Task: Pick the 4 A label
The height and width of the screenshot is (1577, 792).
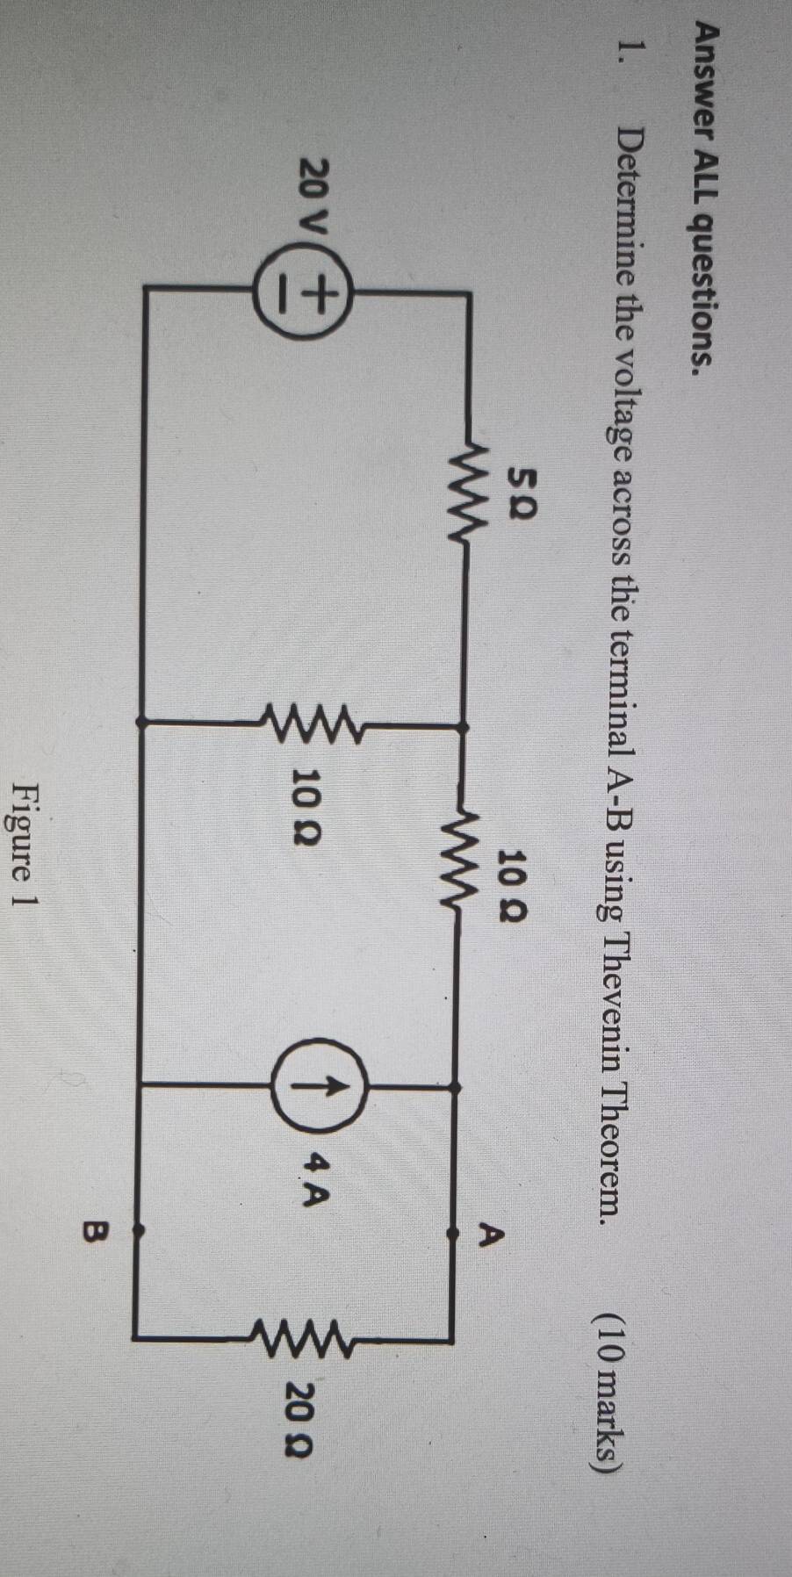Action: [x=318, y=1173]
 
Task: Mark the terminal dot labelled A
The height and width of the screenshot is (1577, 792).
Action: [x=452, y=1233]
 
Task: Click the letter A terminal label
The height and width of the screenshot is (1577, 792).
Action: [x=493, y=1234]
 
